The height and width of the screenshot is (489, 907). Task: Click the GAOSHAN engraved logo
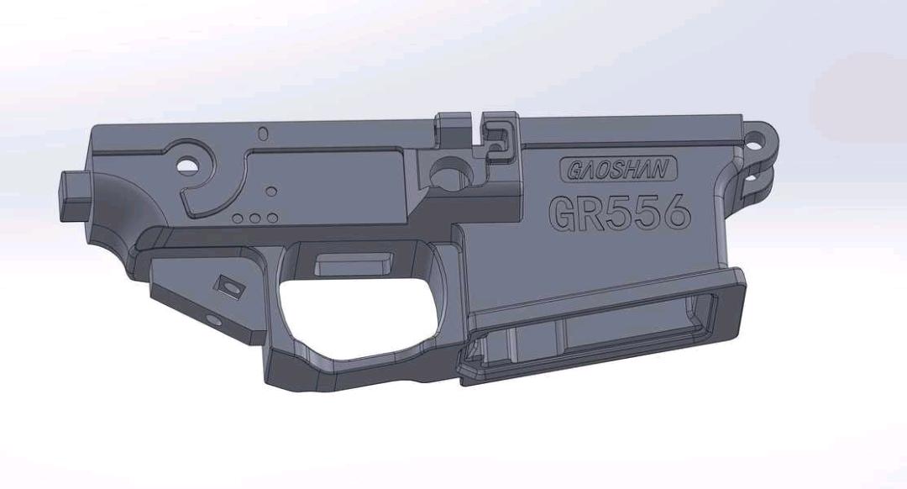click(x=618, y=169)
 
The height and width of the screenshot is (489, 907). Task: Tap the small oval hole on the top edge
click(x=263, y=134)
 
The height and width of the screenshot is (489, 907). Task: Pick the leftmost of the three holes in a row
click(x=238, y=218)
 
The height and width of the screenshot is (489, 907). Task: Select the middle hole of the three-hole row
click(x=254, y=218)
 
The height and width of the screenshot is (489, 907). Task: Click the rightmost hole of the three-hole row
click(x=272, y=218)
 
